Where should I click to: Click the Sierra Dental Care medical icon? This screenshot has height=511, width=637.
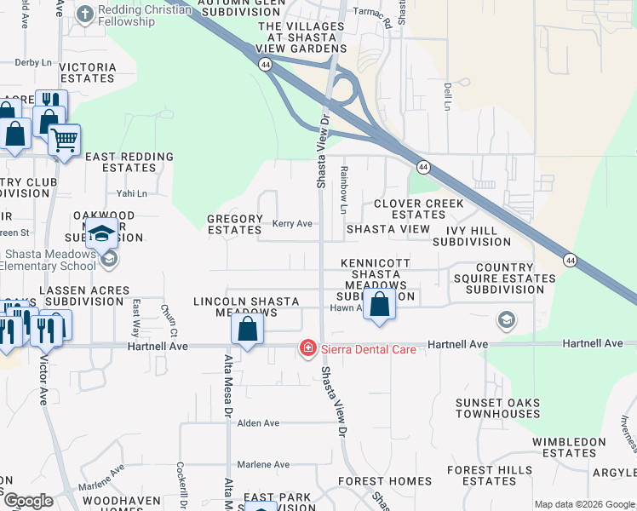click(307, 349)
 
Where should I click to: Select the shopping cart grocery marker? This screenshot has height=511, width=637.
click(64, 140)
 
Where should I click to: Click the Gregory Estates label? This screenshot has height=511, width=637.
click(235, 224)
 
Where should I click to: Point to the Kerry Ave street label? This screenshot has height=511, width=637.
click(292, 224)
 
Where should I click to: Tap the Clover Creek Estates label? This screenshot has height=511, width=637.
click(419, 210)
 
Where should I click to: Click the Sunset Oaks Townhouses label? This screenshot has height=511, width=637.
click(497, 408)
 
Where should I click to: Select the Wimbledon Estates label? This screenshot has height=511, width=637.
click(570, 447)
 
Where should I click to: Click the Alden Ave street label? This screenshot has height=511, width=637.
click(258, 423)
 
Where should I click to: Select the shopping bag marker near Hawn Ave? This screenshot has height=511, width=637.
click(379, 305)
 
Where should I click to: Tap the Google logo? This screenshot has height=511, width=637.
click(28, 500)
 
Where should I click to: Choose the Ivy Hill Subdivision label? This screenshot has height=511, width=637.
click(471, 235)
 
